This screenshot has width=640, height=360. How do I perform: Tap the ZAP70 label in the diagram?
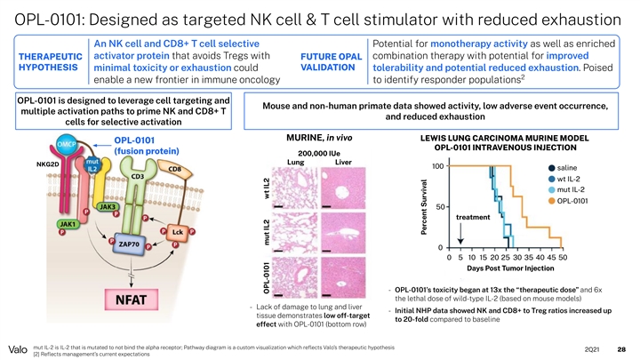[131, 243]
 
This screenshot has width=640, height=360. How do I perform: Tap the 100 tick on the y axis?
[437, 166]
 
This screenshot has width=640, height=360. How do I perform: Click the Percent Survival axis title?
[425, 205]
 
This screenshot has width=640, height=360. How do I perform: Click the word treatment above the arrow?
[474, 216]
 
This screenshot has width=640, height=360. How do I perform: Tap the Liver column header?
[344, 163]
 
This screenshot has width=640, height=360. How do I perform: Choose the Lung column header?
[296, 163]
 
